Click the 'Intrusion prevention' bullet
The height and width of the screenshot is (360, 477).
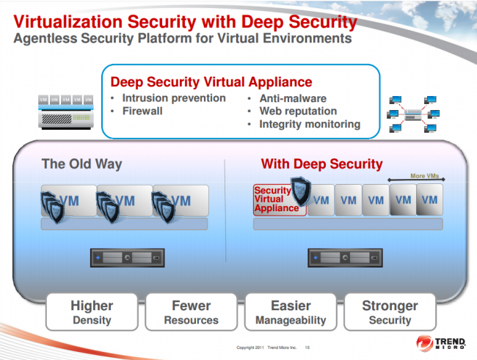point(173,98)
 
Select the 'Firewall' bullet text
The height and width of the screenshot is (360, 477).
point(142,111)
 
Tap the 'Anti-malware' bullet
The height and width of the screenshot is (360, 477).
point(293,98)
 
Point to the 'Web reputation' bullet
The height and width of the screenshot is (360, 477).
point(298,111)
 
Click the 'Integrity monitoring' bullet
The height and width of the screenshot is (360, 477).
point(310,124)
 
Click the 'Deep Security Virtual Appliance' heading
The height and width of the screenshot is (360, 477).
point(211,82)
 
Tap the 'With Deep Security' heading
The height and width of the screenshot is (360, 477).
point(321,164)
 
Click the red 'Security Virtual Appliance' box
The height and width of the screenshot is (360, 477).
point(277,199)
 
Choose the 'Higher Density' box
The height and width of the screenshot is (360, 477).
point(92,312)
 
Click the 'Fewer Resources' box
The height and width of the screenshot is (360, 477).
point(191,312)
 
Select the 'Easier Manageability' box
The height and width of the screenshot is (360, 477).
point(291,312)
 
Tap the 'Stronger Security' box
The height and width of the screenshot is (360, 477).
point(390,312)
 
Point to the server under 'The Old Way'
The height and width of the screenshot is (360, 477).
point(127,257)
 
